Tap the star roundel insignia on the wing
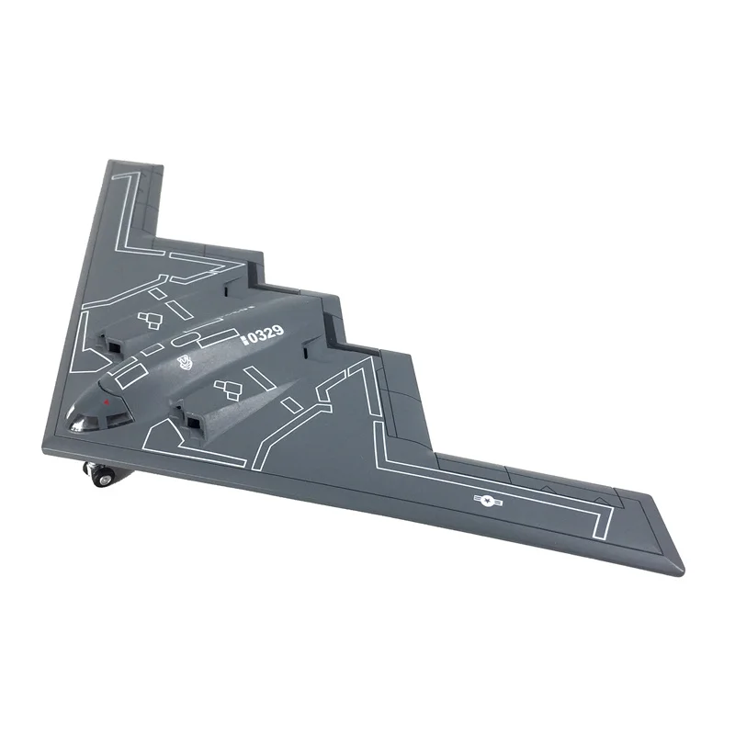485,499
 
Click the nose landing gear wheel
101,474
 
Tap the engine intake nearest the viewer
193,424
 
